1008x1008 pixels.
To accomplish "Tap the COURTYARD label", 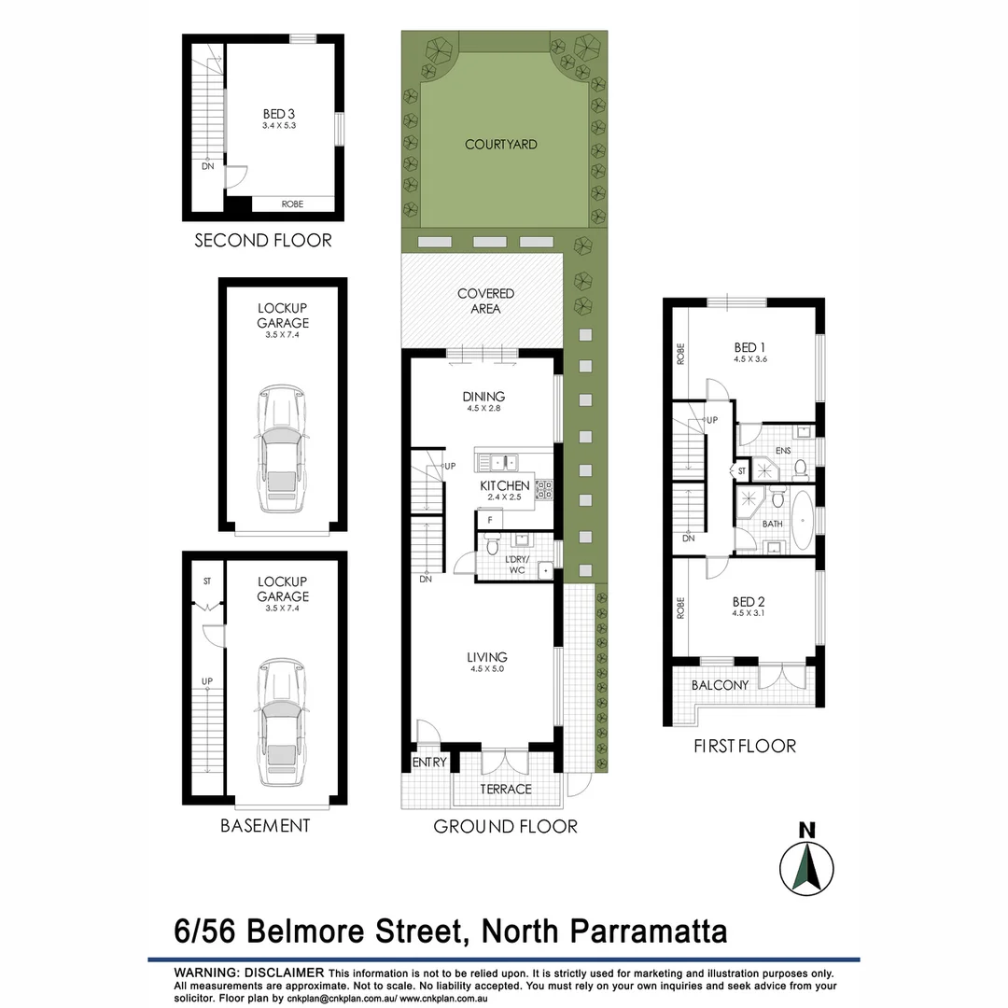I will point(501,145).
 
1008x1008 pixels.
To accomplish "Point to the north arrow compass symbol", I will point(805,866).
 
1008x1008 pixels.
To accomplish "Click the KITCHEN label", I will point(505,485).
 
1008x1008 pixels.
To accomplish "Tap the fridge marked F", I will point(488,519).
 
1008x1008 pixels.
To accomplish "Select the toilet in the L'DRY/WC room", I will point(493,544).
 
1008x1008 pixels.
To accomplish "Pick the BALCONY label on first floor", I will point(720,685).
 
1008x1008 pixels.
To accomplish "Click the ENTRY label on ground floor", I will point(429,763).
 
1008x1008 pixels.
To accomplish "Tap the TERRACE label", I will point(505,789).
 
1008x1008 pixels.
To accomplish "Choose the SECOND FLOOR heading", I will point(262,241).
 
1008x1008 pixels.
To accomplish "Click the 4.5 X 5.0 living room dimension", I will point(488,669).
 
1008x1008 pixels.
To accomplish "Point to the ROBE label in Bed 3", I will point(292,203).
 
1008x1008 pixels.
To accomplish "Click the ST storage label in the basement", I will point(207,581).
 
